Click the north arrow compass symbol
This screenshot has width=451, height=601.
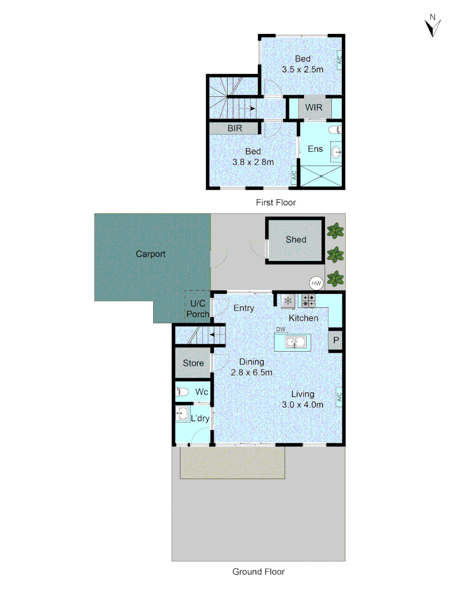(432, 26)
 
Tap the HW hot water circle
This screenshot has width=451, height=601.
(317, 283)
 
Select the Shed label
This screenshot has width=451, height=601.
(296, 239)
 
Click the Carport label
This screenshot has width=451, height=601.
(151, 254)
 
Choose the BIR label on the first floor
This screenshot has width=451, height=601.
(234, 129)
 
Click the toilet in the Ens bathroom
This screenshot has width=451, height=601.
(334, 130)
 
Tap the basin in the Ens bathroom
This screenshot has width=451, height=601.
(335, 150)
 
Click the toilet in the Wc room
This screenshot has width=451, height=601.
(182, 391)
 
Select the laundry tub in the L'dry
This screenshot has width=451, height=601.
(182, 412)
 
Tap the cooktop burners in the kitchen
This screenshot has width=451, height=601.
(308, 301)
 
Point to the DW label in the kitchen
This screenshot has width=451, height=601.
(281, 329)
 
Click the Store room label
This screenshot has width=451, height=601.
(194, 363)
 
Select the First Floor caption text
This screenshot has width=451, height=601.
(276, 203)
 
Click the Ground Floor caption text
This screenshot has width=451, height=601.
(258, 572)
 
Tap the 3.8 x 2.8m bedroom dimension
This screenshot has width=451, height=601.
(253, 162)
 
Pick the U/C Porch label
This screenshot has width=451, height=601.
(198, 309)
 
